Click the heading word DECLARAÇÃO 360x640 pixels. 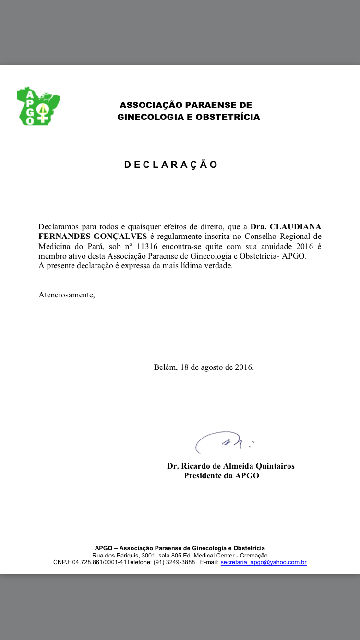pyautogui.click(x=171, y=165)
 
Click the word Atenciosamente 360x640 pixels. pyautogui.click(x=67, y=295)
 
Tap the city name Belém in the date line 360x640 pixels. pyautogui.click(x=165, y=367)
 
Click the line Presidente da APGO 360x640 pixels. pyautogui.click(x=221, y=476)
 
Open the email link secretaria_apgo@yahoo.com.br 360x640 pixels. pyautogui.click(x=264, y=562)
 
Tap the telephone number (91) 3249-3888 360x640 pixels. pyautogui.click(x=174, y=562)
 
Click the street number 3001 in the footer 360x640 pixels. pyautogui.click(x=146, y=555)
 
